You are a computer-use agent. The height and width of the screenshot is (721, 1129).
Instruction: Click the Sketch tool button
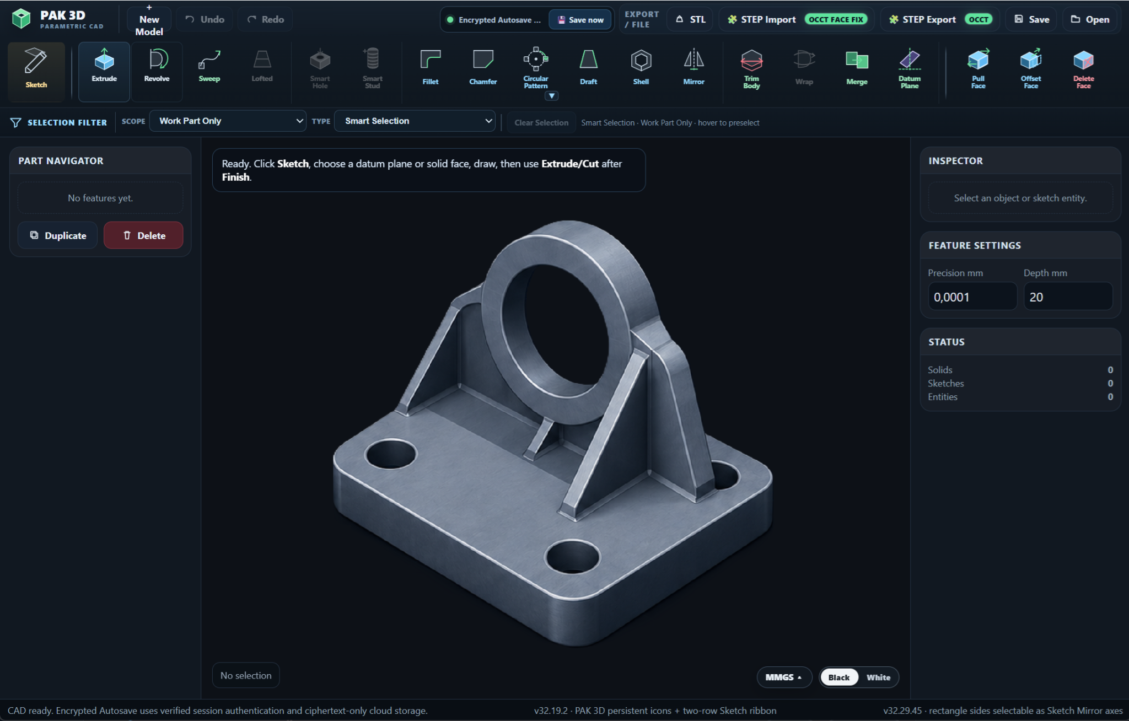tap(36, 71)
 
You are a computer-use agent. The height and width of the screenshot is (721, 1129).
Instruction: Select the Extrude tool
tap(104, 71)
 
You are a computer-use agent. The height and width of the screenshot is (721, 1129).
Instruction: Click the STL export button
tap(690, 20)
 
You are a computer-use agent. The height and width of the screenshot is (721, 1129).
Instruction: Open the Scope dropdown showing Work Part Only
tap(228, 121)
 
